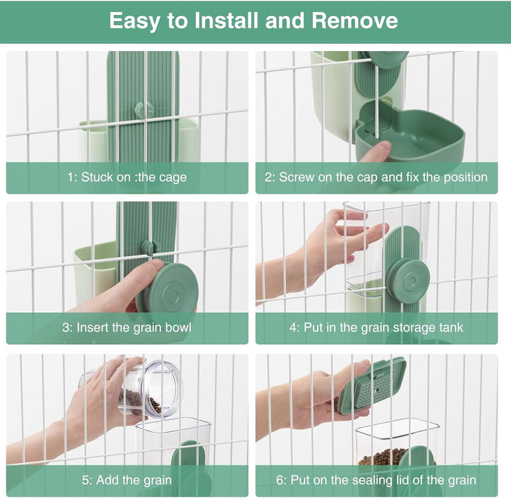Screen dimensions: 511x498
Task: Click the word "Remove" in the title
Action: tap(355, 21)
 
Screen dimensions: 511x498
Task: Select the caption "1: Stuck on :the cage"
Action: tap(127, 177)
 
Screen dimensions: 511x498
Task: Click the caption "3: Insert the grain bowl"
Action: tap(127, 328)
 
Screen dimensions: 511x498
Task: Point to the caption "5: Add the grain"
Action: tap(127, 480)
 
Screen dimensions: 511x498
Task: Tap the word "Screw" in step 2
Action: tap(297, 177)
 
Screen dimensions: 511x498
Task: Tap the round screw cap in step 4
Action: tap(407, 279)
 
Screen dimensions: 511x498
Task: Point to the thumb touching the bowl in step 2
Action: tap(375, 151)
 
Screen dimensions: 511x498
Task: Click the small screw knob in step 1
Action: tap(144, 109)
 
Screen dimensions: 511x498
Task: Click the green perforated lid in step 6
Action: tap(371, 385)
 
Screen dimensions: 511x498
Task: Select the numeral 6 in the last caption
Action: tap(280, 480)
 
